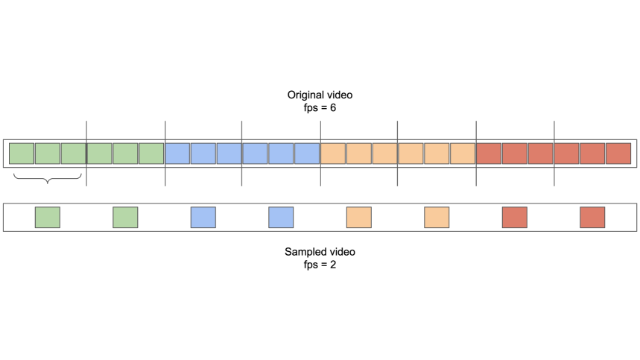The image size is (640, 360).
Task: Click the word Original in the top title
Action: pyautogui.click(x=304, y=95)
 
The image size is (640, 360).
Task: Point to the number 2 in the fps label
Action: pyautogui.click(x=333, y=265)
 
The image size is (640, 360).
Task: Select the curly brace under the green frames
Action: pyautogui.click(x=48, y=179)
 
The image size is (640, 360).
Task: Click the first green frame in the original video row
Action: pyautogui.click(x=22, y=154)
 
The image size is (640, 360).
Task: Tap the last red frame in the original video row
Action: pyautogui.click(x=618, y=154)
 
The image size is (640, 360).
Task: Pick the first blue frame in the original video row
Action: pyautogui.click(x=177, y=154)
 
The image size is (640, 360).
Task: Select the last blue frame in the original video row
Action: pyautogui.click(x=306, y=154)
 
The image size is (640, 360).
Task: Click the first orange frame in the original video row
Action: pyautogui.click(x=333, y=154)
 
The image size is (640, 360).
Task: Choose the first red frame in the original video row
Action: pyautogui.click(x=489, y=154)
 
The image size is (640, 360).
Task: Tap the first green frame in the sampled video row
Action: pyautogui.click(x=48, y=218)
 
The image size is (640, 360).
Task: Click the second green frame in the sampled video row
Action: pyautogui.click(x=125, y=218)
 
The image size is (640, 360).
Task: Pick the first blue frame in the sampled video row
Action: pyautogui.click(x=203, y=218)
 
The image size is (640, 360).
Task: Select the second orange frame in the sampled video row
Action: pyautogui.click(x=437, y=218)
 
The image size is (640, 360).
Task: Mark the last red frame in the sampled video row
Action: pyautogui.click(x=592, y=218)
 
